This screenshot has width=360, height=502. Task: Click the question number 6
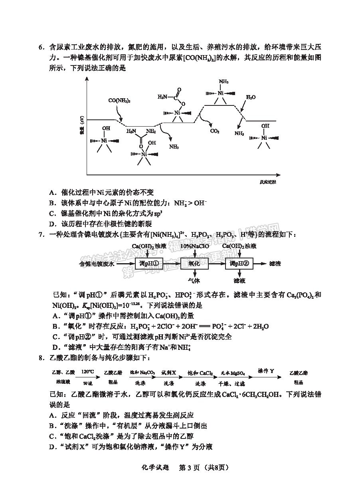click(x=41, y=47)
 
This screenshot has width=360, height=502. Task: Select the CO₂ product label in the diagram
click(x=215, y=131)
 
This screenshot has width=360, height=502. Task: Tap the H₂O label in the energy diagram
click(x=251, y=97)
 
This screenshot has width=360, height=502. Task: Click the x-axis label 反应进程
click(x=267, y=182)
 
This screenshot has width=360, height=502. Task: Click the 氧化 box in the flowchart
click(x=194, y=264)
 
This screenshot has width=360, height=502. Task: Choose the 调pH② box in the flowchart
click(x=239, y=264)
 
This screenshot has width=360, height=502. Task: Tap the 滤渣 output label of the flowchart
click(x=275, y=264)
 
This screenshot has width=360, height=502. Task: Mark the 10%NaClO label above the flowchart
click(x=194, y=246)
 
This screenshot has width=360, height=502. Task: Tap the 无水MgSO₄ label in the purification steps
click(x=229, y=373)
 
